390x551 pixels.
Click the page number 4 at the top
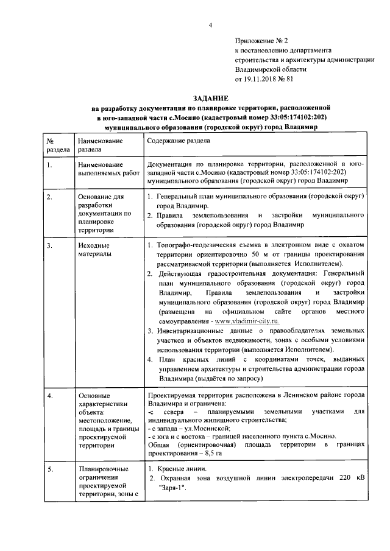210,24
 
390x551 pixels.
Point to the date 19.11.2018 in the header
261,79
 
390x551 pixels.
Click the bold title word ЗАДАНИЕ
211,98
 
